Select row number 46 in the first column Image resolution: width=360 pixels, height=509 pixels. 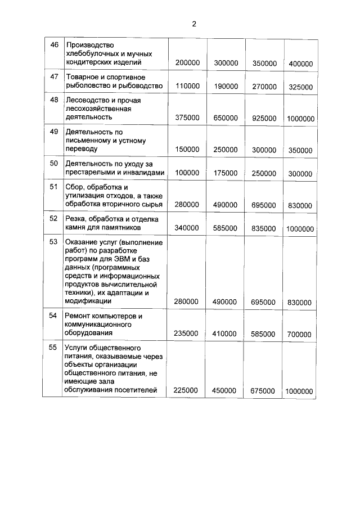coord(55,45)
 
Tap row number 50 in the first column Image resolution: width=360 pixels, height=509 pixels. coord(55,164)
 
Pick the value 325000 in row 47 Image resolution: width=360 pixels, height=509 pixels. coord(300,87)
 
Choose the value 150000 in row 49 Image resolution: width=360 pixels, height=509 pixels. coord(187,150)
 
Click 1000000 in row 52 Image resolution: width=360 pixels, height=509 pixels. coord(300,229)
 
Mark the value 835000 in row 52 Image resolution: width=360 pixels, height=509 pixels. coord(263,229)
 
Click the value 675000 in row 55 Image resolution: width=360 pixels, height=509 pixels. coord(263,391)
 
